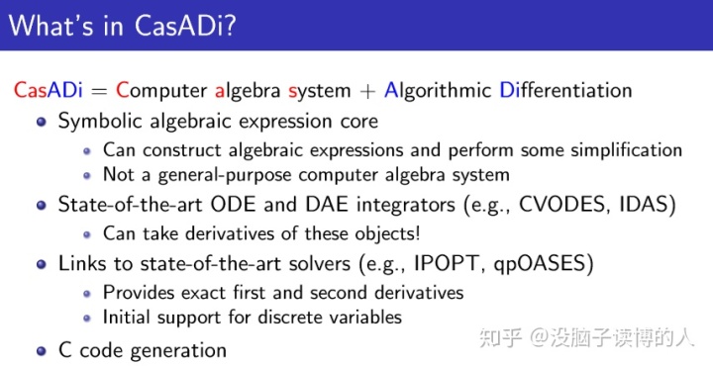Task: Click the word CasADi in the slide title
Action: tap(187, 24)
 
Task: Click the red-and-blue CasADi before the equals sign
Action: tap(46, 90)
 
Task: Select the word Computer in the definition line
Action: tap(161, 90)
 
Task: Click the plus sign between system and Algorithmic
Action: tap(367, 91)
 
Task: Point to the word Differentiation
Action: tap(565, 90)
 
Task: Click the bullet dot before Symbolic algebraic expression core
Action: tap(41, 122)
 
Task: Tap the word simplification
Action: tap(621, 149)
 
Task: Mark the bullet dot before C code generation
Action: tap(41, 351)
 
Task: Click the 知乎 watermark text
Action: tap(496, 339)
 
